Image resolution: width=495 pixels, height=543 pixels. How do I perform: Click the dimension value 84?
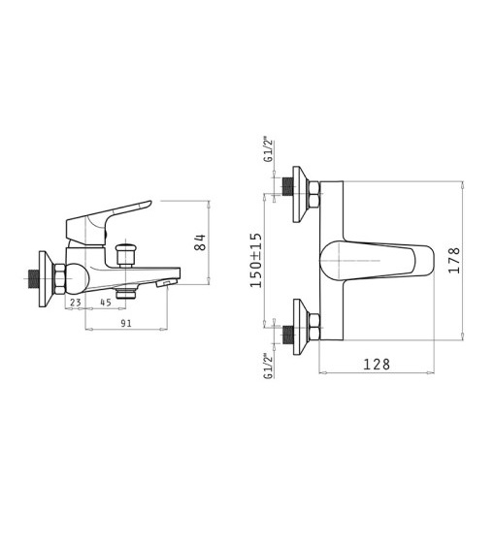click(200, 242)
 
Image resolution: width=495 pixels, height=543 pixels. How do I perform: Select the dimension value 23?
click(76, 302)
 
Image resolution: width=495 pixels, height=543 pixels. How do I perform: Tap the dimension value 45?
click(106, 302)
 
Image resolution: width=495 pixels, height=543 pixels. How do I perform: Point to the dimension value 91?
click(126, 323)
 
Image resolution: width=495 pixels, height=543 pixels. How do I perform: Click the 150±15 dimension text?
click(256, 260)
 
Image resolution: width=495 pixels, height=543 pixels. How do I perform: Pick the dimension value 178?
click(454, 260)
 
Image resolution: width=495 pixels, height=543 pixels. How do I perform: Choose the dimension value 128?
click(377, 364)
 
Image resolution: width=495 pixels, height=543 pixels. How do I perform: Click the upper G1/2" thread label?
click(268, 150)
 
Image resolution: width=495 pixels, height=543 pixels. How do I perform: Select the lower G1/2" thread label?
click(268, 366)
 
